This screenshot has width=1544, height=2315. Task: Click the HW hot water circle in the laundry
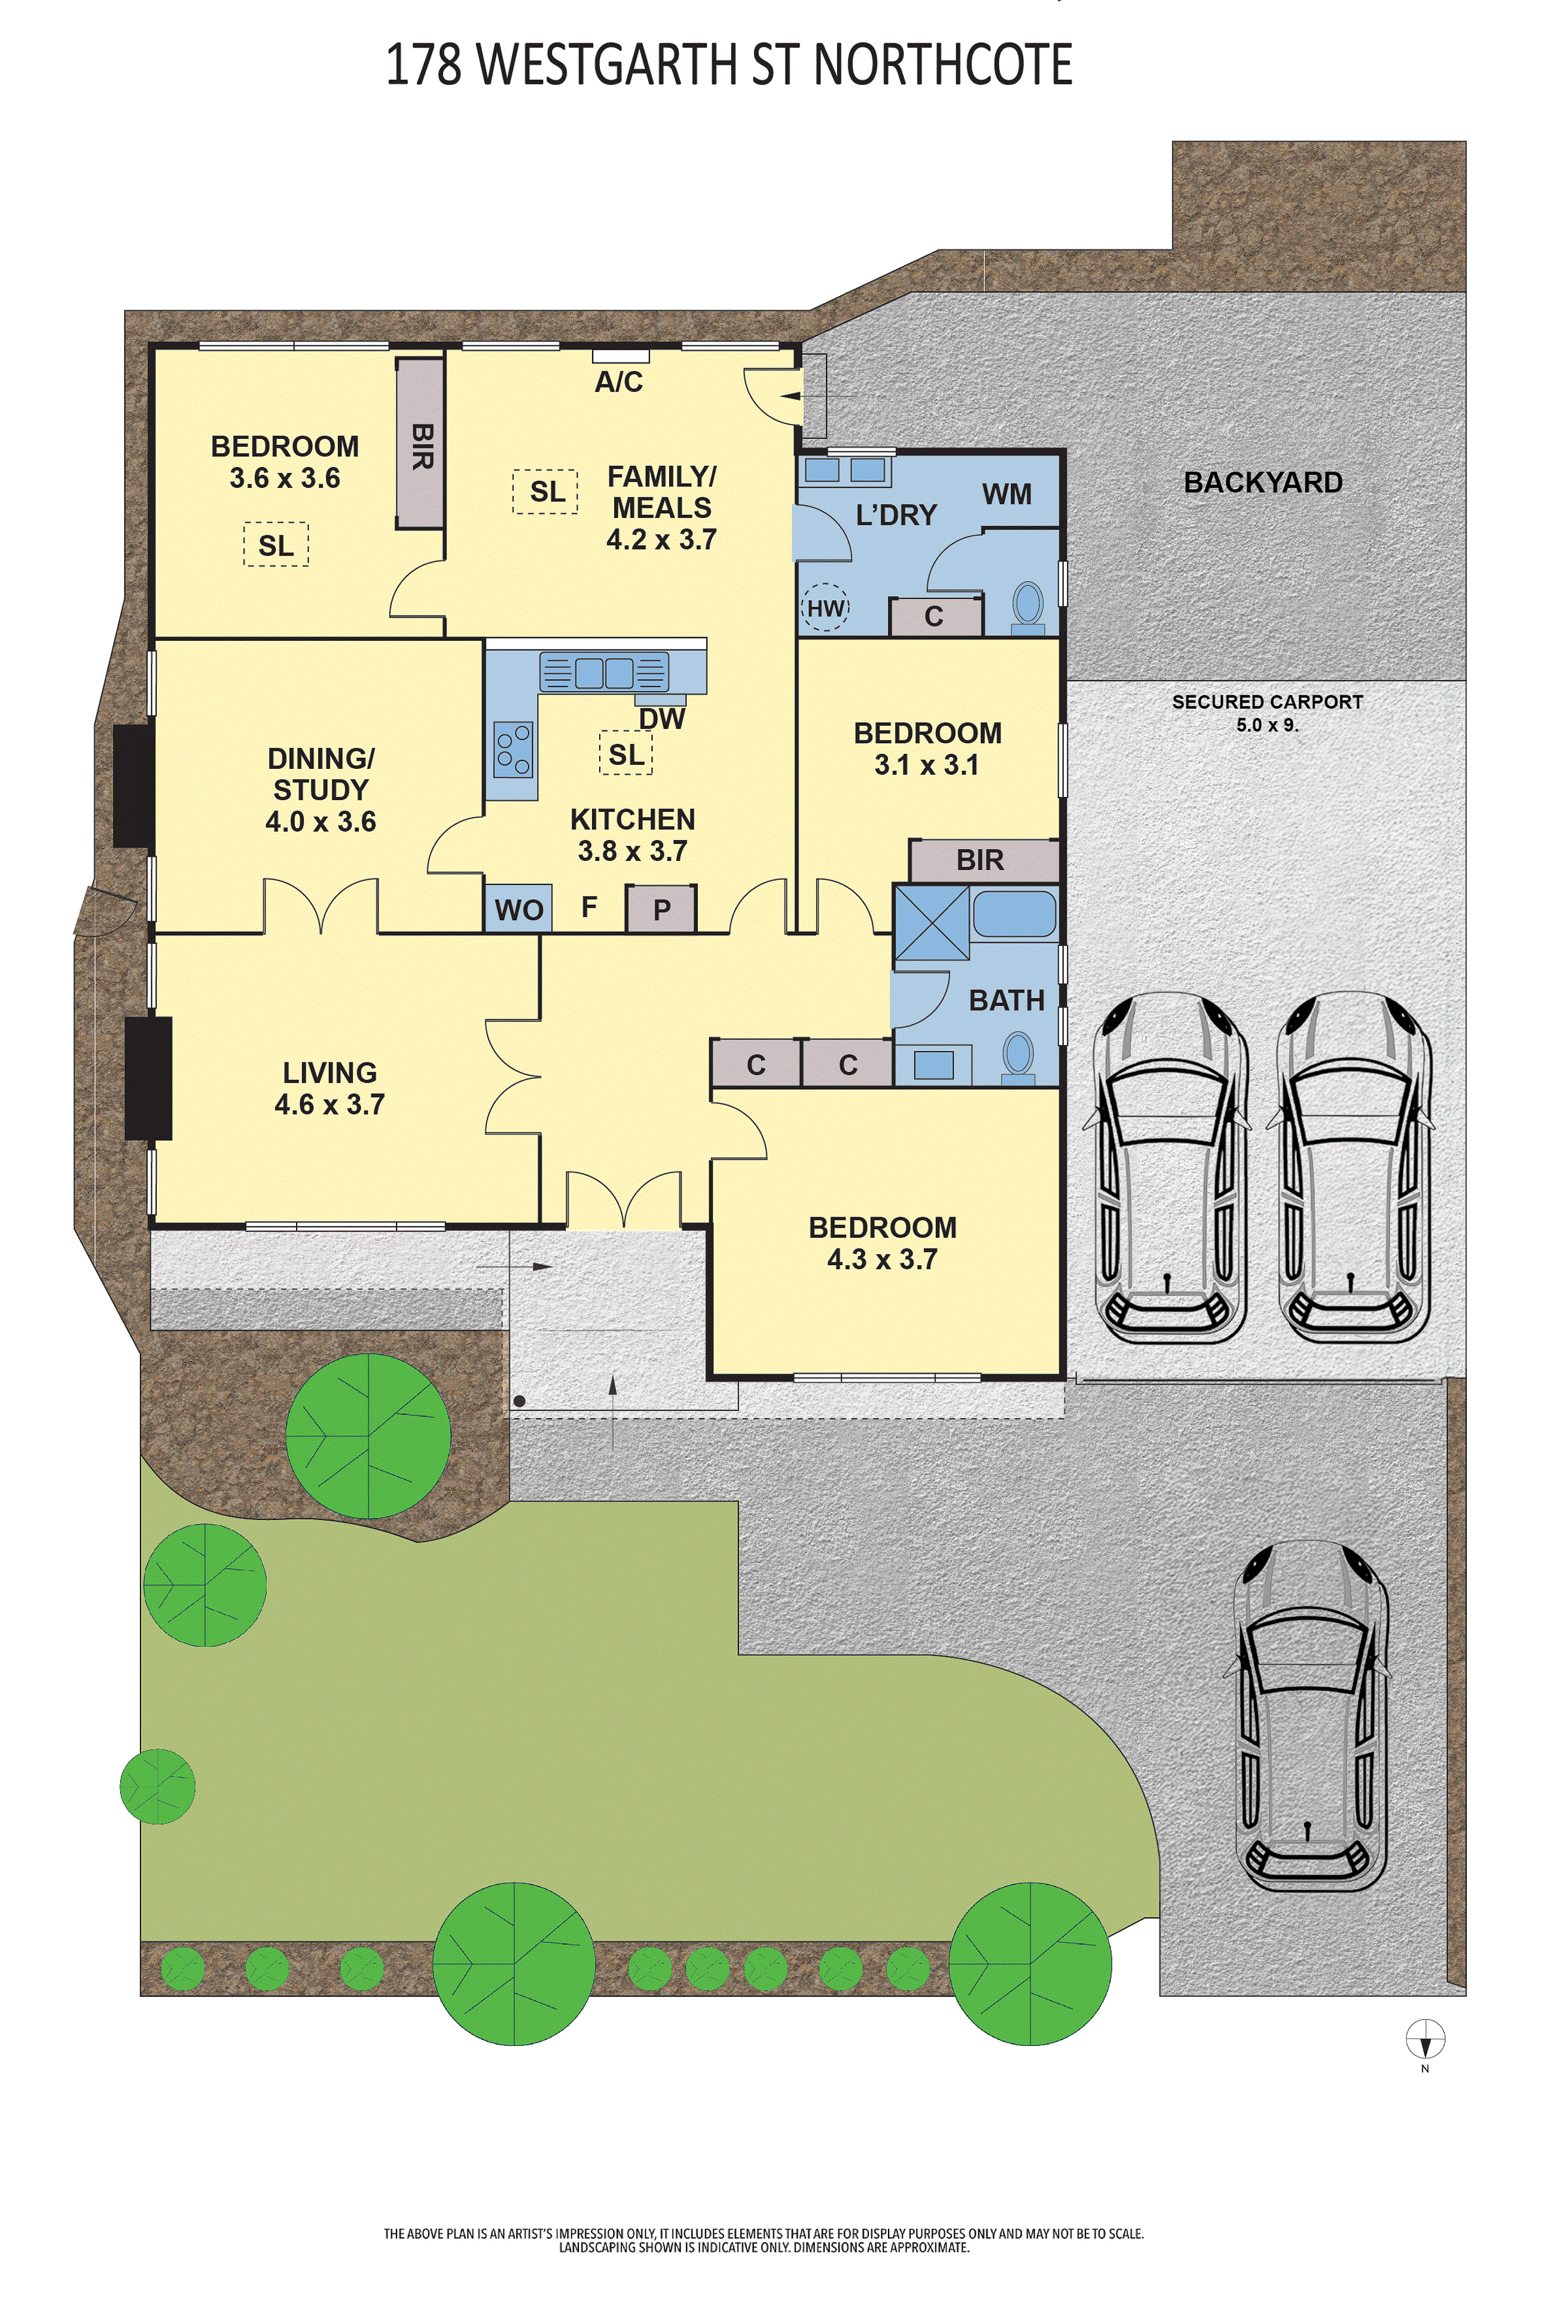[x=825, y=608]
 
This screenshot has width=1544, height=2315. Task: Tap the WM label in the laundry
[x=1006, y=494]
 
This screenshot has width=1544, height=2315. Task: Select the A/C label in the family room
[x=618, y=382]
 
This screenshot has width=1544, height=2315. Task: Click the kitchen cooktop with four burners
[x=513, y=749]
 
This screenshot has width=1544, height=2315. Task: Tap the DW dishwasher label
[x=662, y=719]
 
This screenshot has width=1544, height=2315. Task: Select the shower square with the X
[x=932, y=921]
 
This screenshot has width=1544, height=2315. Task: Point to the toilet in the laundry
[x=1028, y=607]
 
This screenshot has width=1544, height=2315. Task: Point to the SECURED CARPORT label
[x=1267, y=702]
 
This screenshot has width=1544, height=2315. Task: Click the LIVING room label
[x=330, y=1073]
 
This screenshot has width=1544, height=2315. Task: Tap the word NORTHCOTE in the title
[x=942, y=65]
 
